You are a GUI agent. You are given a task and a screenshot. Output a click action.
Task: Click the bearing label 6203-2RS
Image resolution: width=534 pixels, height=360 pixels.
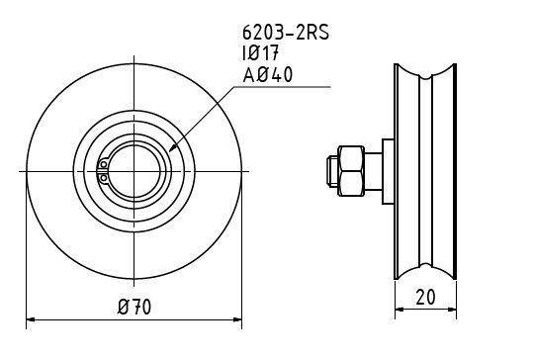(286, 33)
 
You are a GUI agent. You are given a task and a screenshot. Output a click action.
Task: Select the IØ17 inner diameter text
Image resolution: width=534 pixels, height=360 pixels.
(260, 53)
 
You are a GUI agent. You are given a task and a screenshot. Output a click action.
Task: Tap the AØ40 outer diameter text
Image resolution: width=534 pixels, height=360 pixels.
(268, 74)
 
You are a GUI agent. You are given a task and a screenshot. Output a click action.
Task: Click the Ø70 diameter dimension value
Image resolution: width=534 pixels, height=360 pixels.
(134, 307)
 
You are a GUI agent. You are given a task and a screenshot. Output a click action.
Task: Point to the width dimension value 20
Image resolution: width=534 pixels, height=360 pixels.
(425, 297)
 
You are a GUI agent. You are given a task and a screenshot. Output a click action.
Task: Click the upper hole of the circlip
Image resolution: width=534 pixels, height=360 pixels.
(103, 164)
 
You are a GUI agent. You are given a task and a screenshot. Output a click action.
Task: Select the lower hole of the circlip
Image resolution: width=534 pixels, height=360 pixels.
(103, 178)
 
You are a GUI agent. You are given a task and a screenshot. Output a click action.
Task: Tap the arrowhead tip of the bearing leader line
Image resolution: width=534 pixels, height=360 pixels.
(170, 151)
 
